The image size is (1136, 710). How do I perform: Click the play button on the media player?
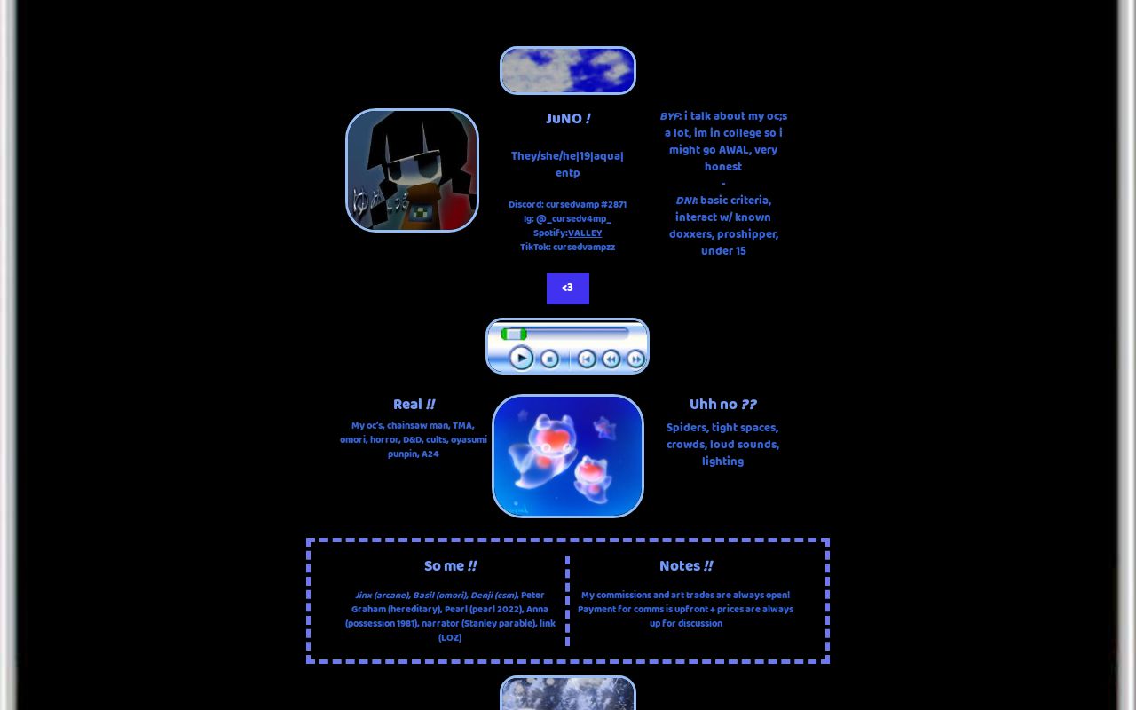pyautogui.click(x=521, y=358)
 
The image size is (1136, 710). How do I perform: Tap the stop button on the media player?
pyautogui.click(x=549, y=359)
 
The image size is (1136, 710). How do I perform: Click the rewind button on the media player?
pyautogui.click(x=611, y=359)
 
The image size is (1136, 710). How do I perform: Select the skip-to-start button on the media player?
pyautogui.click(x=587, y=359)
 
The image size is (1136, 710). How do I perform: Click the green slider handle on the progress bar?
pyautogui.click(x=514, y=334)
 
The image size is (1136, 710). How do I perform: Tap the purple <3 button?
pyautogui.click(x=567, y=288)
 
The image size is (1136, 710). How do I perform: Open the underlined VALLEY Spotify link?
pyautogui.click(x=585, y=233)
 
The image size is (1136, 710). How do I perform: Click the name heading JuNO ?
pyautogui.click(x=568, y=119)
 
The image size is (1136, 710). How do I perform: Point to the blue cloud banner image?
pyautogui.click(x=567, y=70)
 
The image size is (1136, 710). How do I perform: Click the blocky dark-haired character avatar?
pyautogui.click(x=412, y=170)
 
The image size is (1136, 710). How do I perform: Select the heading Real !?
pyautogui.click(x=414, y=404)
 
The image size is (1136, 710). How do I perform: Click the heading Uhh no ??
pyautogui.click(x=722, y=404)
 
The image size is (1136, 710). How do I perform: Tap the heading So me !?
pyautogui.click(x=450, y=565)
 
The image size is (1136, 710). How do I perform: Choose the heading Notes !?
pyautogui.click(x=686, y=565)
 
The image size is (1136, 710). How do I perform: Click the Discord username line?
pyautogui.click(x=567, y=204)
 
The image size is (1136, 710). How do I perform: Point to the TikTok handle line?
pyautogui.click(x=567, y=247)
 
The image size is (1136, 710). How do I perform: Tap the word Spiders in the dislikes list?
pyautogui.click(x=687, y=428)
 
